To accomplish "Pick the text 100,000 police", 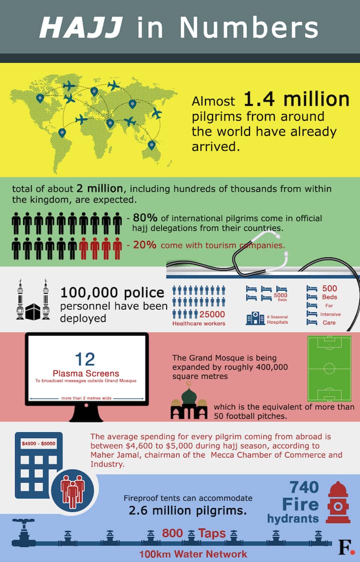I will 112,293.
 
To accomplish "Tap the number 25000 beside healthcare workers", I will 212,314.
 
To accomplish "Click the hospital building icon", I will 255,318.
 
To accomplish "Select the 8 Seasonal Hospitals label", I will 278,319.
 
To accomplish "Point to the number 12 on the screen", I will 85,359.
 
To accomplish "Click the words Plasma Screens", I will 86,373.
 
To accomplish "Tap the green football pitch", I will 329,369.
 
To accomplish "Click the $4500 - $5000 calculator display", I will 38,444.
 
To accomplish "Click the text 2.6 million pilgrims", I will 187,511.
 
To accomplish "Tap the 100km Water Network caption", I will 193,554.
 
